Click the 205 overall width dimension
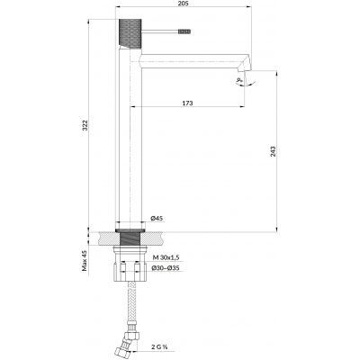(x=184, y=6)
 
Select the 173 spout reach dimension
(x=186, y=104)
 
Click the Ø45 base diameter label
(x=156, y=219)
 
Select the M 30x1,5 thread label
(x=166, y=257)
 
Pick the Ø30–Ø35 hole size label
(x=166, y=268)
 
